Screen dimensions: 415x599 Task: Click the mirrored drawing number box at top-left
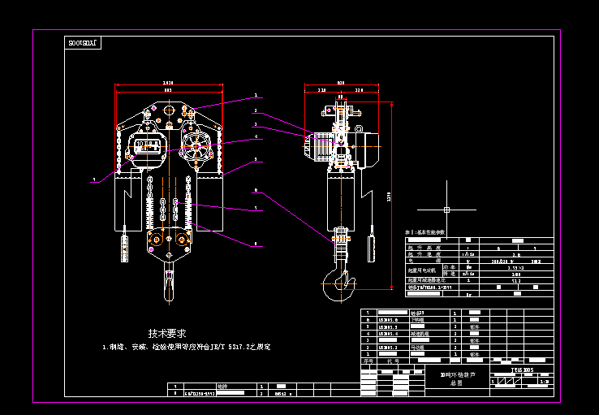click(81, 41)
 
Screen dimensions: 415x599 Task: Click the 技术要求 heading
click(167, 333)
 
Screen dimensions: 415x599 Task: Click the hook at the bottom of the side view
click(338, 281)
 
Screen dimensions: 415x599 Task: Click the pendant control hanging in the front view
click(125, 245)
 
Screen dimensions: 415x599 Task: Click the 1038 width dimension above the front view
click(168, 83)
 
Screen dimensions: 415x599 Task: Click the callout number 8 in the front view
click(256, 244)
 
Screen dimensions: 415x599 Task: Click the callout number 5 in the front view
click(256, 160)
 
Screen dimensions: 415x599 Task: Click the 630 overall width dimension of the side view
click(340, 83)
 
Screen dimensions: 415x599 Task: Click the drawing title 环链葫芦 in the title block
click(457, 377)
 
